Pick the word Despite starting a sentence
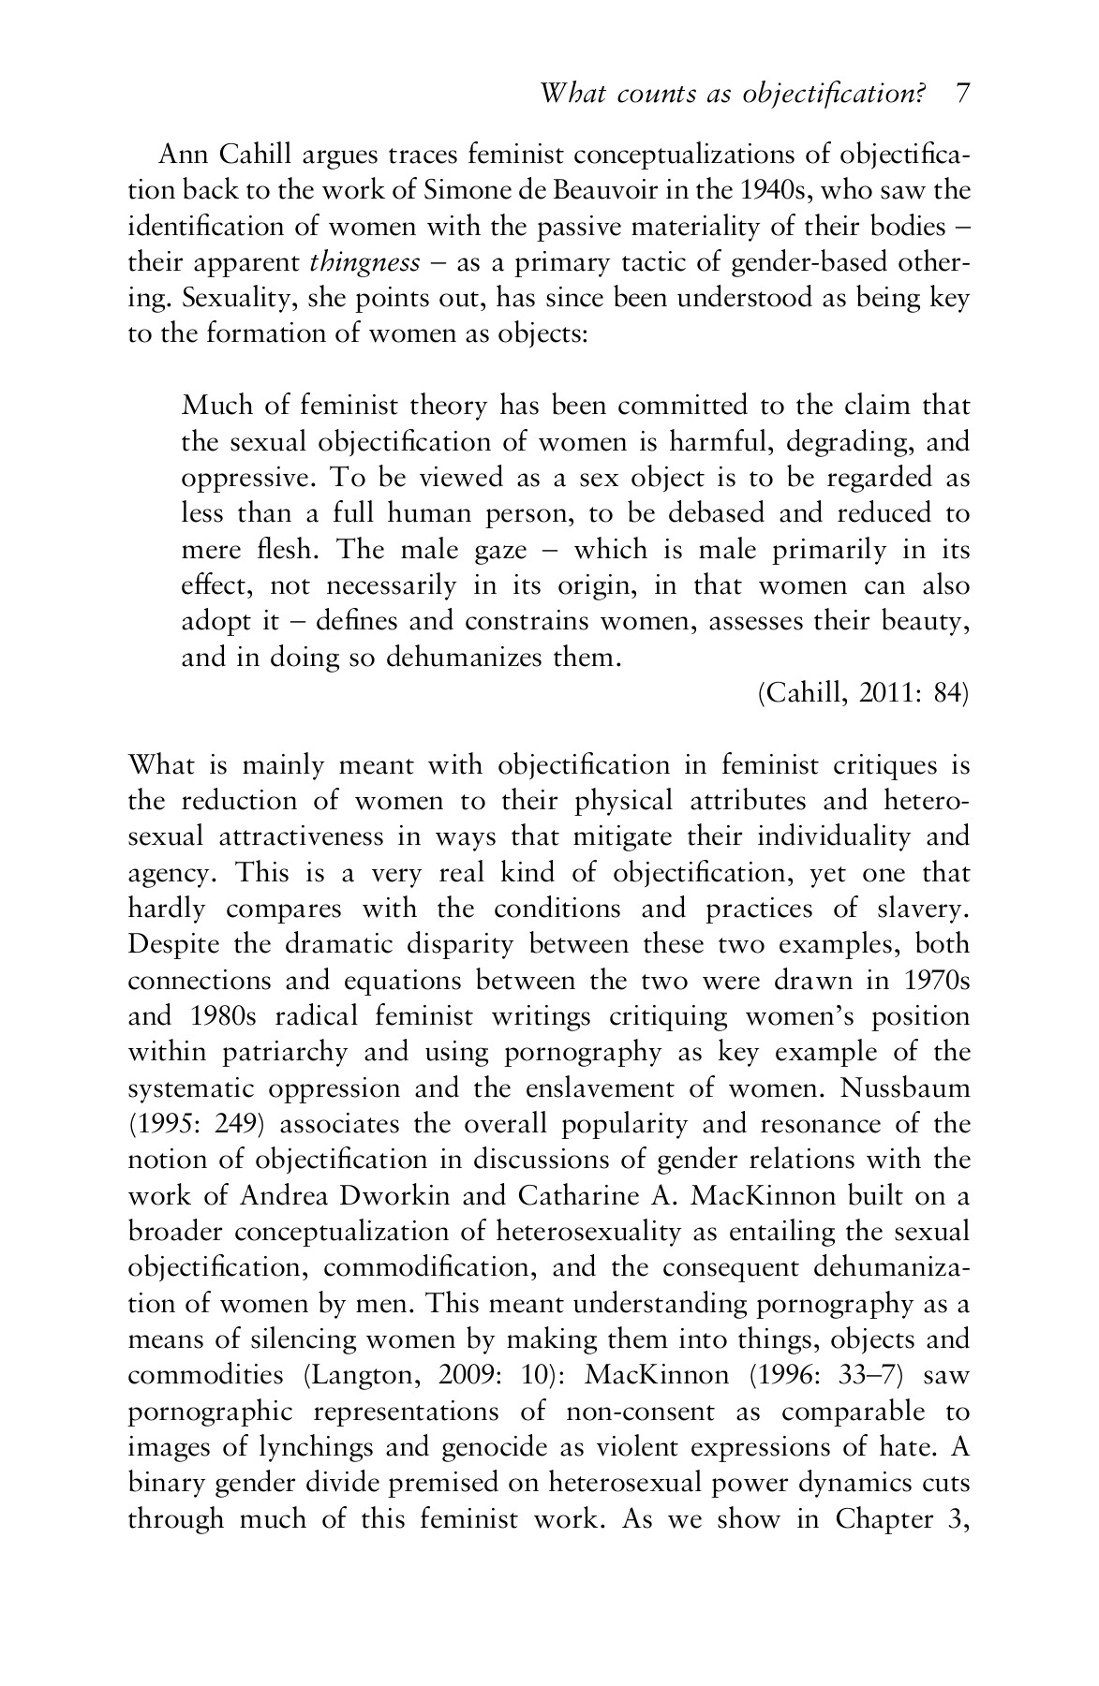(172, 945)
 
